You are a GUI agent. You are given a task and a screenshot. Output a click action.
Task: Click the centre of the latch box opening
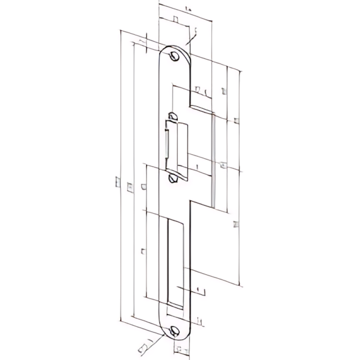point(178,146)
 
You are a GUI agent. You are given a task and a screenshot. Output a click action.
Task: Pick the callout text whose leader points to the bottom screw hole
point(143,345)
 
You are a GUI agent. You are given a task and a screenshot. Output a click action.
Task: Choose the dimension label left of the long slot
point(141,250)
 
